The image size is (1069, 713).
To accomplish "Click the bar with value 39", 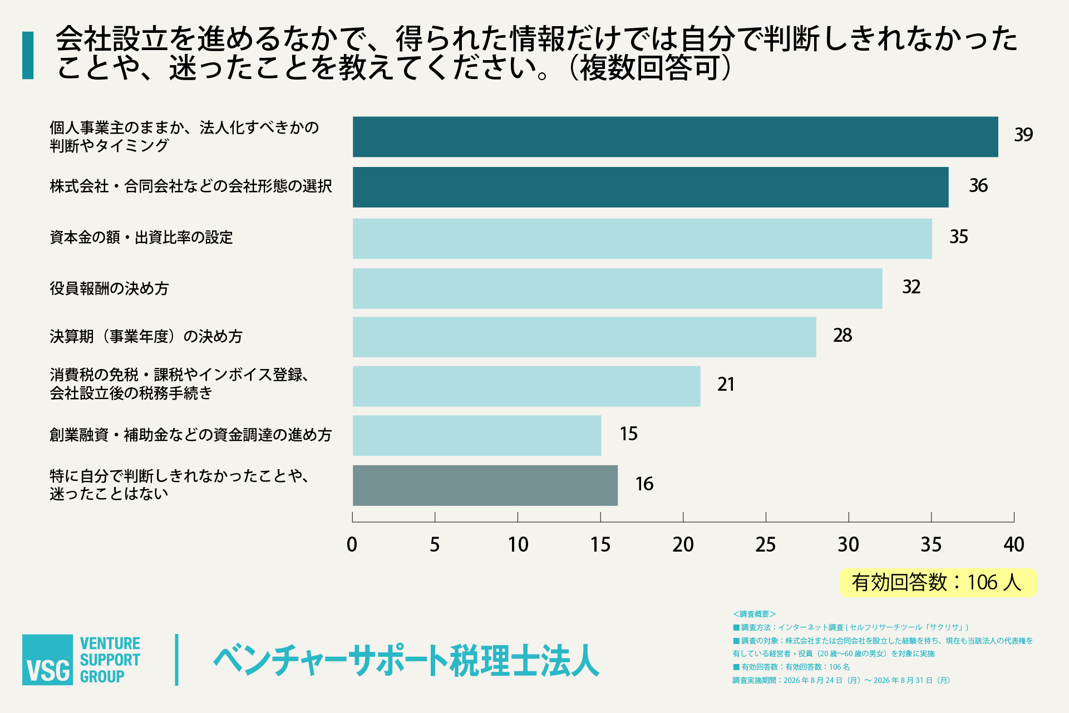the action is point(675,137).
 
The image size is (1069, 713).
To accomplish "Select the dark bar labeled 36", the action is point(651,188).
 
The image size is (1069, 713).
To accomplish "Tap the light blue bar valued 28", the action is point(584,337).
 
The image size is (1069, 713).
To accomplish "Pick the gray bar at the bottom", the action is point(485,485).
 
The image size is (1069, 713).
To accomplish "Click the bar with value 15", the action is point(477,435).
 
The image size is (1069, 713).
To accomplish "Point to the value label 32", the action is point(912,287).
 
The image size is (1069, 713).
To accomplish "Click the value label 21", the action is point(726,385).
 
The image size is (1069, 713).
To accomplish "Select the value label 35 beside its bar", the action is point(959,237).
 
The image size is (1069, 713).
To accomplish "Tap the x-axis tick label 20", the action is point(683,544).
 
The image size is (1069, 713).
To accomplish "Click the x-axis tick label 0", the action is point(352,544).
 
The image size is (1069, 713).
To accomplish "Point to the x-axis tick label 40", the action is point(1014,544).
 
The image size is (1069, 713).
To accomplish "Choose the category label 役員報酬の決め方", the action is point(109,288).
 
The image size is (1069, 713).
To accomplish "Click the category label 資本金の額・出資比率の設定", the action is point(141,238).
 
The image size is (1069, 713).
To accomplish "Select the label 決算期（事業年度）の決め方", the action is point(146,337).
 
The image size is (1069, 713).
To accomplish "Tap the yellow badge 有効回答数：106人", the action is point(938,583).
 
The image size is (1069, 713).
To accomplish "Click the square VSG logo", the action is point(47,660).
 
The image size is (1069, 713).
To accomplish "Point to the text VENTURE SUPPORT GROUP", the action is point(110,660).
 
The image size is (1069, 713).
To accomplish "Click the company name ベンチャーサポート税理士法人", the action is point(406,661).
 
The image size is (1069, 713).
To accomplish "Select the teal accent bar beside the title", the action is point(28,55).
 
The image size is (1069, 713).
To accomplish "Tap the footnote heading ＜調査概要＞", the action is point(754,614).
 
